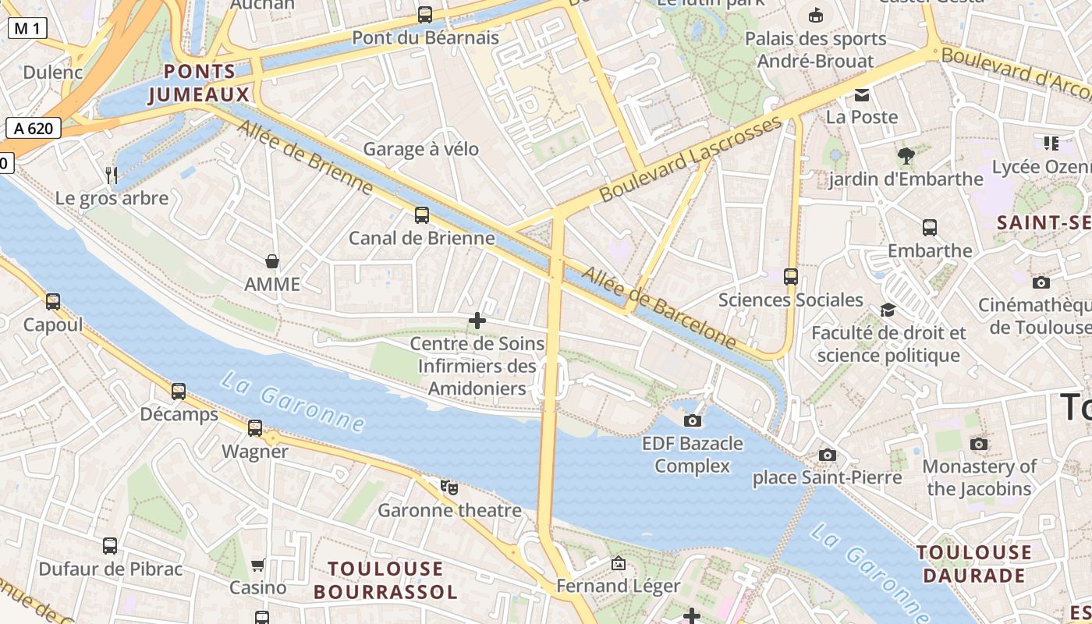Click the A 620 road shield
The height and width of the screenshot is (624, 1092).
(34, 128)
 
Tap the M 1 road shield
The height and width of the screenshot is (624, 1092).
(28, 29)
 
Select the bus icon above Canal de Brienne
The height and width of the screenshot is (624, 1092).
(422, 215)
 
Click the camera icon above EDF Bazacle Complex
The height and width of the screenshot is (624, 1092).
(692, 421)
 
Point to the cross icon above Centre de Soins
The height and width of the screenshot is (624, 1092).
(477, 321)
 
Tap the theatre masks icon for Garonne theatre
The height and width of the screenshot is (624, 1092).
(448, 487)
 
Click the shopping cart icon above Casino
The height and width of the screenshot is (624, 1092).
(258, 565)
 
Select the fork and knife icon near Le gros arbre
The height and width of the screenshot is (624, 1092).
(112, 175)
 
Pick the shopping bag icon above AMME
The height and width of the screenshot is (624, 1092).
(272, 261)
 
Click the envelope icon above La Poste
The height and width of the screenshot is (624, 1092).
(862, 95)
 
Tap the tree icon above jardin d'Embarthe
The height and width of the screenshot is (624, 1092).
(906, 156)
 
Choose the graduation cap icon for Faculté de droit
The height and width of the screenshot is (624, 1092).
(888, 310)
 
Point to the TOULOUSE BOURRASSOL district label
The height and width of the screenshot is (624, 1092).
(385, 580)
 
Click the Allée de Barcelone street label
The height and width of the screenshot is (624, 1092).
(659, 307)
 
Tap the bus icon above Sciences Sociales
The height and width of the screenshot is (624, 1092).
(791, 277)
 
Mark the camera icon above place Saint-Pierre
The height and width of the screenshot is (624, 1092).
(828, 455)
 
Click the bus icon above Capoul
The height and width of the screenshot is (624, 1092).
(53, 302)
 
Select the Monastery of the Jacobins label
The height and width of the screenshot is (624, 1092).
(979, 477)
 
